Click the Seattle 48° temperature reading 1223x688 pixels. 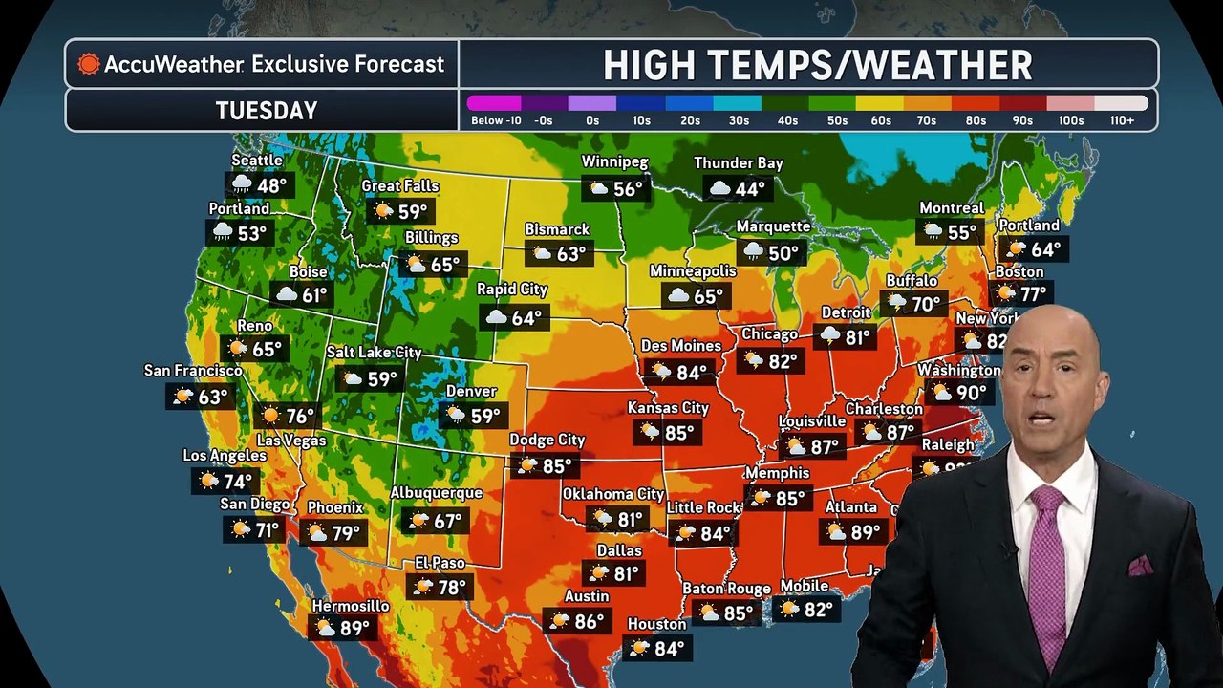pyautogui.click(x=271, y=185)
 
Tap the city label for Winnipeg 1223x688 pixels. pyautogui.click(x=615, y=162)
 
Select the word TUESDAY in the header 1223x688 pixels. pyautogui.click(x=266, y=111)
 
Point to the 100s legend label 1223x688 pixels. pyautogui.click(x=1070, y=120)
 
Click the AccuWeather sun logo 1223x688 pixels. pyautogui.click(x=89, y=64)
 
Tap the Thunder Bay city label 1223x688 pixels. pyautogui.click(x=738, y=163)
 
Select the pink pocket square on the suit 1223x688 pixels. pyautogui.click(x=1140, y=566)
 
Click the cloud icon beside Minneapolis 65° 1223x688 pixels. pyautogui.click(x=678, y=296)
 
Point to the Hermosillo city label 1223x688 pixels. pyautogui.click(x=351, y=606)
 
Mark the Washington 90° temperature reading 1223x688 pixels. pyautogui.click(x=971, y=393)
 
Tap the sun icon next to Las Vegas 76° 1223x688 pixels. pyautogui.click(x=270, y=416)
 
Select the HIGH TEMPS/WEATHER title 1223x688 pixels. pyautogui.click(x=817, y=65)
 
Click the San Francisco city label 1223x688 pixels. pyautogui.click(x=193, y=370)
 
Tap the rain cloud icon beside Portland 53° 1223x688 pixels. pyautogui.click(x=223, y=232)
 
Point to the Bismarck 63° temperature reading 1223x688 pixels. pyautogui.click(x=570, y=254)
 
